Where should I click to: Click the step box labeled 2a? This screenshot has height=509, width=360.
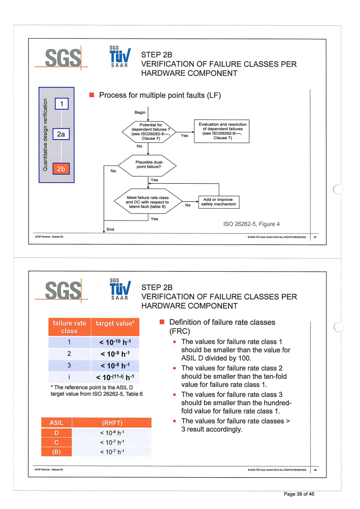point(61,135)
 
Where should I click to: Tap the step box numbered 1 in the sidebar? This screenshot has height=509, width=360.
point(61,104)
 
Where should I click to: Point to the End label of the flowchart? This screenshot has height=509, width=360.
point(110,230)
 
